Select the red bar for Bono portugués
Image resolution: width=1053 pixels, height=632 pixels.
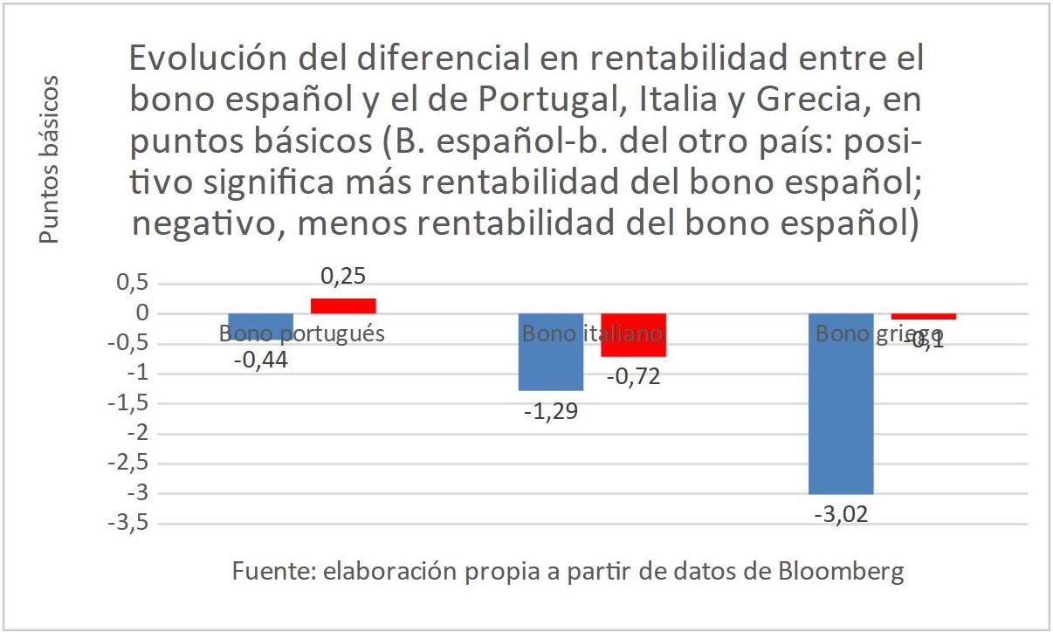(x=343, y=306)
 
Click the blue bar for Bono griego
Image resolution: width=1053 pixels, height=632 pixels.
(x=841, y=403)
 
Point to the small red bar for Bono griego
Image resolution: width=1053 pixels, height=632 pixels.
(x=923, y=316)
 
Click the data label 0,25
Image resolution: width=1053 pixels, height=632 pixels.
(x=343, y=277)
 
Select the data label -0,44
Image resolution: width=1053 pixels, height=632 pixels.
(x=260, y=359)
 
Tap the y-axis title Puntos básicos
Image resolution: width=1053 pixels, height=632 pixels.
(x=51, y=160)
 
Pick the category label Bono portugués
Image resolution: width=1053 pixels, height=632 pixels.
(x=302, y=333)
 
